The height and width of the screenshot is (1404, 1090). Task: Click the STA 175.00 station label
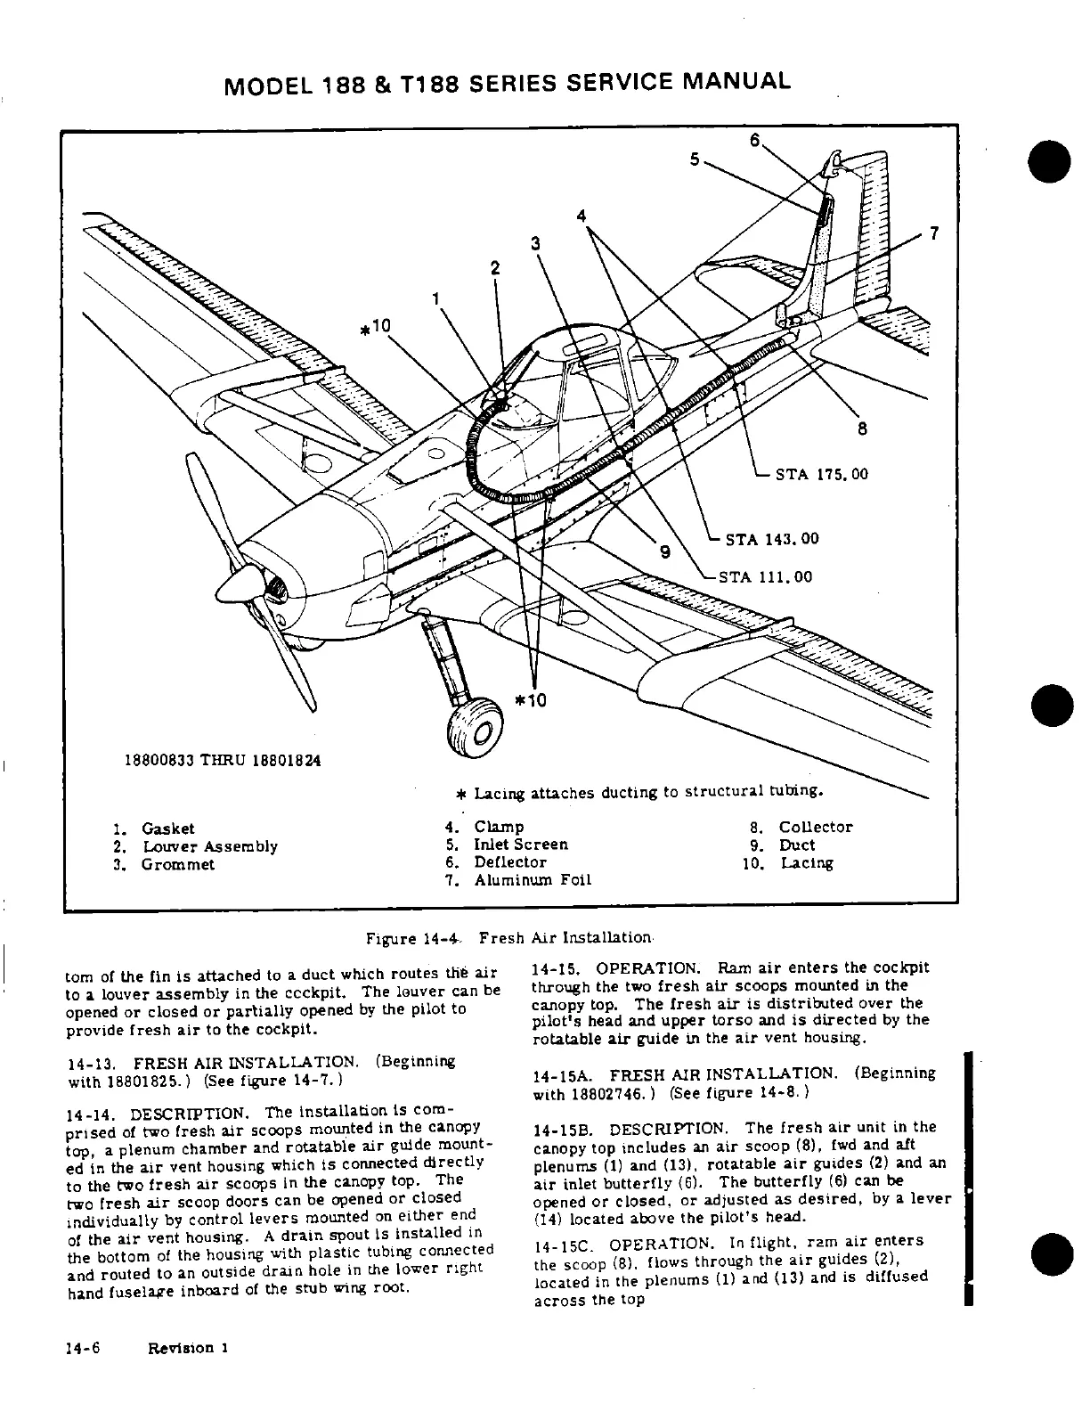coord(821,474)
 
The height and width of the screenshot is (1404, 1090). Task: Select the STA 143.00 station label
coord(772,539)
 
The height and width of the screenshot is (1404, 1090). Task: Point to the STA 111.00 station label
coord(766,576)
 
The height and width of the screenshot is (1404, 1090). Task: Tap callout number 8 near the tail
coord(862,429)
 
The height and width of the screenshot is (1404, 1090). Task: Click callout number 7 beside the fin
coord(933,233)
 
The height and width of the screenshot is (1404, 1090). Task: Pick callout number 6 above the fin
coord(756,140)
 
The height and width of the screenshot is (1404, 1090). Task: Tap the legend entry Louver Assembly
coord(209,846)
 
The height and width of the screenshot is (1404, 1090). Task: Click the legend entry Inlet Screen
coord(521,845)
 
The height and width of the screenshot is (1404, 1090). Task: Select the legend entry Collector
coord(816,827)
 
